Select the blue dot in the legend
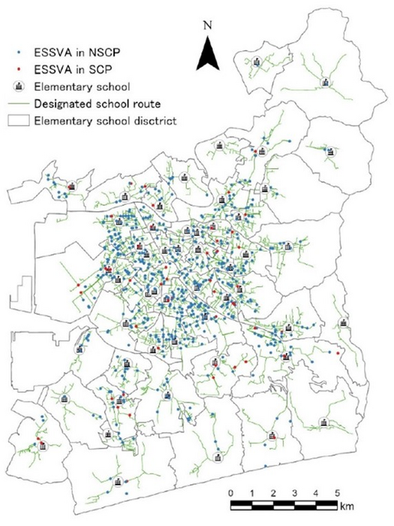coord(18,53)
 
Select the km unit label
coord(346,507)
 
